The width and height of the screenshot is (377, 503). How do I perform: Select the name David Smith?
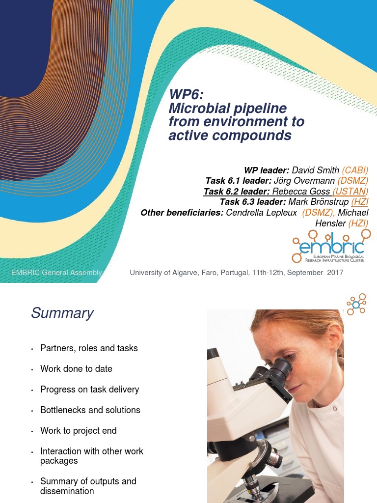coord(315,170)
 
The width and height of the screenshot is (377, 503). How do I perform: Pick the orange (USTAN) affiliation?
coord(350,191)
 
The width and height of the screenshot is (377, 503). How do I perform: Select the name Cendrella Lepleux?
coord(262,212)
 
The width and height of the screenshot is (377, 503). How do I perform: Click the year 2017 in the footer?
coord(334,273)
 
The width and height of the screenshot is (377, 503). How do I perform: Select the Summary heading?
coord(62,313)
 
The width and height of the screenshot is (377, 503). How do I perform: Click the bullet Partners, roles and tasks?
coord(89,348)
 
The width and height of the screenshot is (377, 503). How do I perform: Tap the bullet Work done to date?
coord(76,369)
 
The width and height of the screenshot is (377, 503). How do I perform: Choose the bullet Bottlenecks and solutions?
coord(90,410)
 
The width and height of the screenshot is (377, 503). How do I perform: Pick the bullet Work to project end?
coord(79,431)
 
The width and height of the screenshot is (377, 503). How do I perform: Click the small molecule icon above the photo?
coord(356,304)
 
